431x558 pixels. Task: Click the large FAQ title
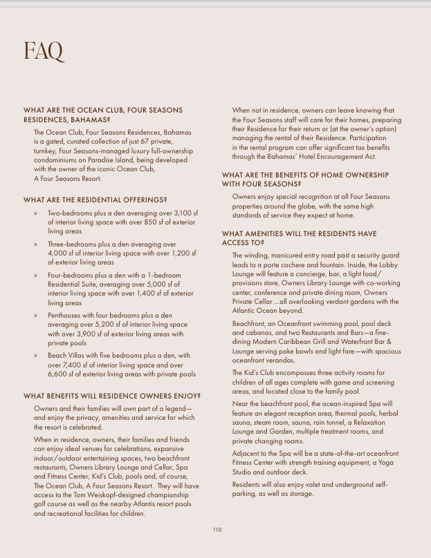click(x=43, y=50)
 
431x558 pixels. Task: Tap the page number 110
click(x=217, y=529)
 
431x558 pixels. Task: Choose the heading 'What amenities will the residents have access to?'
click(x=300, y=238)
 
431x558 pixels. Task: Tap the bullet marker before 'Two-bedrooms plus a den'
click(x=35, y=215)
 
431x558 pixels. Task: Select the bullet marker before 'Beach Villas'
click(x=35, y=356)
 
